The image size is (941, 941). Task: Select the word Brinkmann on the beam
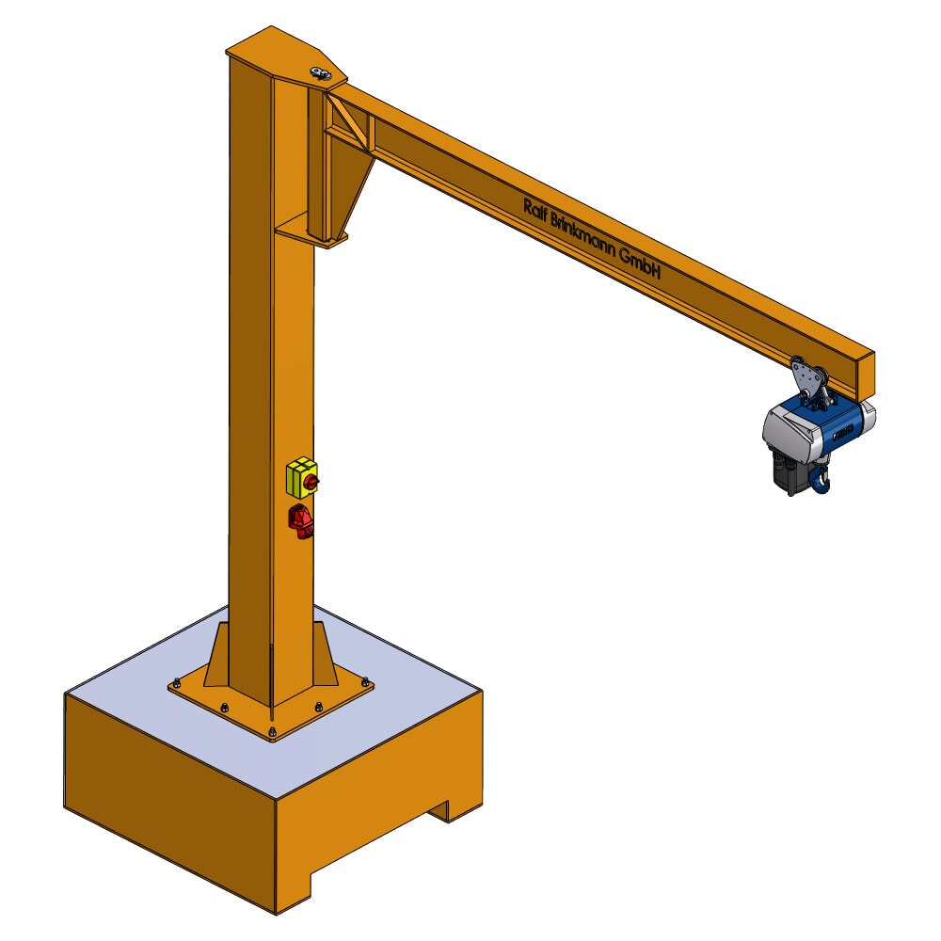point(582,236)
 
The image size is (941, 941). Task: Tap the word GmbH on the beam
point(642,267)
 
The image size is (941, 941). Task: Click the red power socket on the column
point(302,521)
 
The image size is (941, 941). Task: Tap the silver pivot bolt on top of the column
point(320,72)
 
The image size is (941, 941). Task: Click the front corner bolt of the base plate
point(272,732)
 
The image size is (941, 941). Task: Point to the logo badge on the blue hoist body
point(842,432)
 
